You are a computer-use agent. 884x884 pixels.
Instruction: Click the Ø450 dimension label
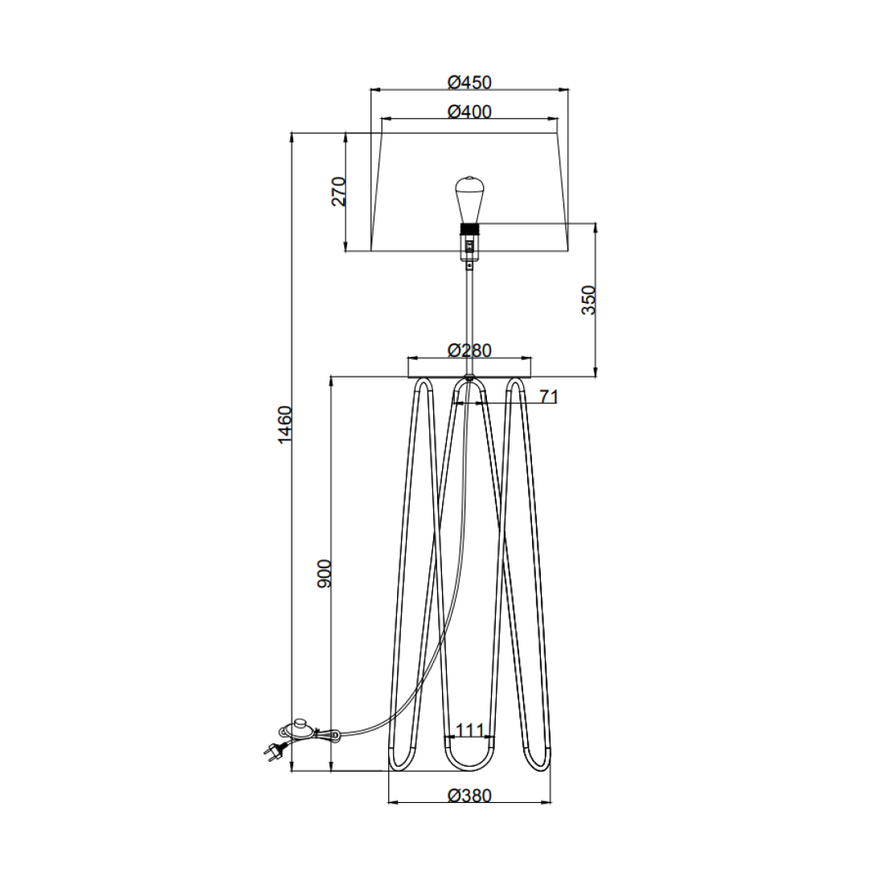(x=469, y=82)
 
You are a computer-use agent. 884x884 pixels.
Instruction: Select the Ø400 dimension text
(x=469, y=112)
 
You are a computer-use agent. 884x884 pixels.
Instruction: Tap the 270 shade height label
(x=339, y=191)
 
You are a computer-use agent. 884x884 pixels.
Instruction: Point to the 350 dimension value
(x=589, y=299)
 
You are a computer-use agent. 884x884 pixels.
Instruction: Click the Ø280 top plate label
(x=469, y=350)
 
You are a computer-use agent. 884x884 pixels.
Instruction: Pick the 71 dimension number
(x=549, y=396)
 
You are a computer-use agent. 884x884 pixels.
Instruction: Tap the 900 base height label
(x=324, y=573)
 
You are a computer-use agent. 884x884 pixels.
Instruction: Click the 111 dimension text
(x=470, y=731)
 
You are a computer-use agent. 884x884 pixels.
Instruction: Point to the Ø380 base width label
(x=469, y=796)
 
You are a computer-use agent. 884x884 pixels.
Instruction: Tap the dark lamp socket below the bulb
(x=469, y=230)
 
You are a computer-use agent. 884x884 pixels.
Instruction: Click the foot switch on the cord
(x=298, y=728)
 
